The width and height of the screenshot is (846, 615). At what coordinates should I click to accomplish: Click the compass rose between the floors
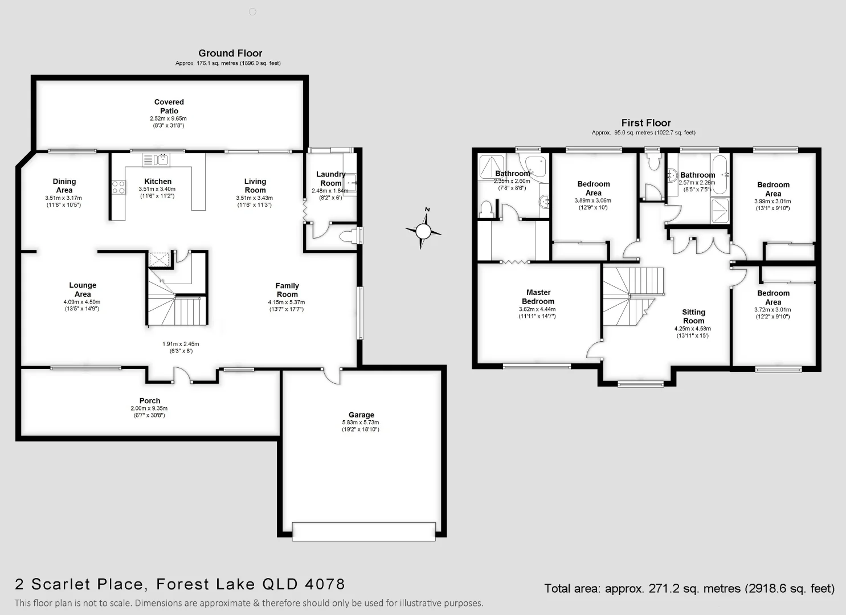(423, 231)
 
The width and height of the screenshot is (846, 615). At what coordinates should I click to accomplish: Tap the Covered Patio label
(169, 106)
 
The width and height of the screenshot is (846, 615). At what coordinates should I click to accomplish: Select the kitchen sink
(156, 159)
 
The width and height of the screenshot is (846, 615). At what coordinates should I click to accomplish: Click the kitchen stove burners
(118, 187)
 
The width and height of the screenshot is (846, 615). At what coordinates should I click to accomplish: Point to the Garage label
(361, 415)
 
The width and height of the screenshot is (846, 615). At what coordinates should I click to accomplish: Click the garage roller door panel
(363, 531)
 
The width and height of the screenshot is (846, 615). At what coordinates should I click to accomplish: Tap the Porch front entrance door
(182, 375)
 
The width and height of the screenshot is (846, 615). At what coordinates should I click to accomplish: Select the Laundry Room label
(330, 179)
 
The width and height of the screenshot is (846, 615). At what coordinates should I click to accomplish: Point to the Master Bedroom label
(538, 297)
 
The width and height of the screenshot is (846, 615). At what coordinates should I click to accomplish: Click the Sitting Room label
(693, 316)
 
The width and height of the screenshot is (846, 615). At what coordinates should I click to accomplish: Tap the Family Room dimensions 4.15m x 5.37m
(287, 302)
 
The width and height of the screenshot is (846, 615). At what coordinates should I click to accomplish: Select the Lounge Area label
(83, 289)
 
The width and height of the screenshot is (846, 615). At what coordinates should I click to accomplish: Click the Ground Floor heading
(230, 53)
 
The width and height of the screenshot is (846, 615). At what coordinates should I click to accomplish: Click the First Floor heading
(645, 123)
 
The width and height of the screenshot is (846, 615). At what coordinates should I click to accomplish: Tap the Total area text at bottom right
(689, 589)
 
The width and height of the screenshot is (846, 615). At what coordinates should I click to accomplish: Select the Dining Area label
(64, 186)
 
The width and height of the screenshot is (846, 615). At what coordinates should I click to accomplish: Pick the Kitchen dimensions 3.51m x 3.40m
(157, 189)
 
